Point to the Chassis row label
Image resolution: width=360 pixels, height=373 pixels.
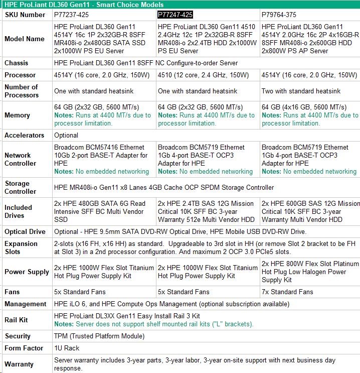coord(17,63)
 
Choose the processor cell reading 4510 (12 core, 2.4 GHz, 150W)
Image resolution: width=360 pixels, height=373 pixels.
coord(203,75)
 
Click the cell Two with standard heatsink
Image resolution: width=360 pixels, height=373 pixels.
coord(301,91)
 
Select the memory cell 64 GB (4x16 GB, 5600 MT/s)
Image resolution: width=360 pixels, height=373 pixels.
coord(304,107)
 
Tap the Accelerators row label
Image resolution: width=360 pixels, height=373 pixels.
coord(23,136)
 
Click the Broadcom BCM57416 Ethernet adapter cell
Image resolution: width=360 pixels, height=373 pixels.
coord(101,155)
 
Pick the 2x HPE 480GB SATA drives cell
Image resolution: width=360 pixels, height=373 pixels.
coord(100,211)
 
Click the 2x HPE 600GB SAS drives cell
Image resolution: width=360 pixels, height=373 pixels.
coord(310,211)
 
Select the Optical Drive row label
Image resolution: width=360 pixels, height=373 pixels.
coord(25,232)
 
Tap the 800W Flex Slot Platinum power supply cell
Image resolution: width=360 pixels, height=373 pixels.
coord(310,272)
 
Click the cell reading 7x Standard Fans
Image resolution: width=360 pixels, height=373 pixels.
coord(287,292)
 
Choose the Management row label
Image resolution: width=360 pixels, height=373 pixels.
coord(25,304)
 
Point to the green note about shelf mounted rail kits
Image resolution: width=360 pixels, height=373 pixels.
coord(153,324)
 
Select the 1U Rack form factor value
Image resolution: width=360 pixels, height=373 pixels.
coord(67,348)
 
